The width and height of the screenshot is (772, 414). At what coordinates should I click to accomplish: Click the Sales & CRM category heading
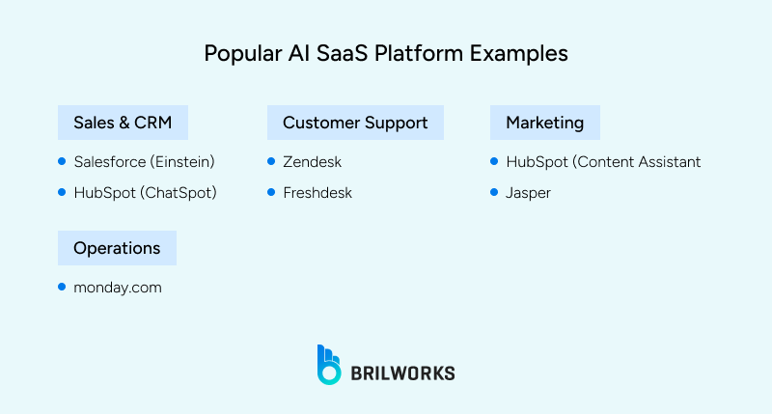click(123, 123)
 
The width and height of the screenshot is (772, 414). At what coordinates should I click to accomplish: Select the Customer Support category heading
click(355, 123)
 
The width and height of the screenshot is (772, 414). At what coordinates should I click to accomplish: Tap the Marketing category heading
click(544, 123)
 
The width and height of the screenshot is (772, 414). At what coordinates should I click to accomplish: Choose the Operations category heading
click(117, 248)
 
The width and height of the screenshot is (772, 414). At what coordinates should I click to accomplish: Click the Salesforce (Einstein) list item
click(144, 162)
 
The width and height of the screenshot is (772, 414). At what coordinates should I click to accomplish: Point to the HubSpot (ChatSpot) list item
click(145, 193)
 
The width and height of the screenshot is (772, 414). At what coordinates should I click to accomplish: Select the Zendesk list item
click(312, 162)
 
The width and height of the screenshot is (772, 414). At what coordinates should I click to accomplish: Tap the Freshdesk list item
click(317, 193)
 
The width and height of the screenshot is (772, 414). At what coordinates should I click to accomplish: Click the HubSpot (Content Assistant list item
click(603, 162)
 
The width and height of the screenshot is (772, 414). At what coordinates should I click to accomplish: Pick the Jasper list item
click(528, 193)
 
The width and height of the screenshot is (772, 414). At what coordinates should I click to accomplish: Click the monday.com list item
click(118, 287)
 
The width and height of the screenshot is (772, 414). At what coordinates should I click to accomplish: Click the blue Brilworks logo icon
click(330, 365)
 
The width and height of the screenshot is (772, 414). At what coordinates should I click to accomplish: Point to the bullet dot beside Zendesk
click(271, 161)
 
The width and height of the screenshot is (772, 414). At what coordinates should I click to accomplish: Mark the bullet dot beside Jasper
click(494, 192)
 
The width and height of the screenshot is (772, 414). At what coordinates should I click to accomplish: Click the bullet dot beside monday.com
click(63, 286)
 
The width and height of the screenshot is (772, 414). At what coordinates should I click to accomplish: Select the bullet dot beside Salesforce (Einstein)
click(63, 161)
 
